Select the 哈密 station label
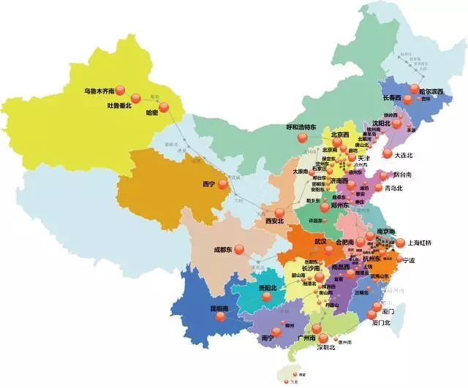pos(151,113)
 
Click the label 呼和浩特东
pos(301,126)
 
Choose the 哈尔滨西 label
pos(426,92)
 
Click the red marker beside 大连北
pos(387,153)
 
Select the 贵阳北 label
pos(268,288)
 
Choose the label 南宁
pos(268,339)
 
